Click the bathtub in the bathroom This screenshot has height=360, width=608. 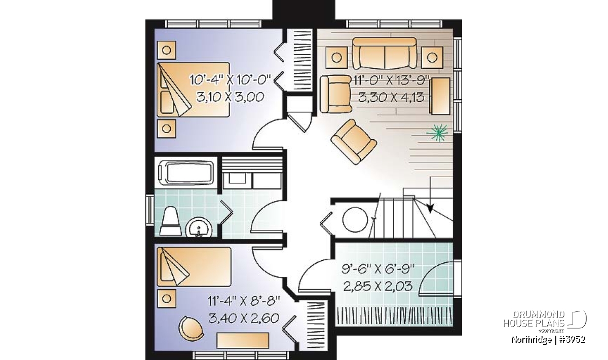pyautogui.click(x=186, y=173)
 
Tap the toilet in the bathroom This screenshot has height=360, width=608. pyautogui.click(x=171, y=221)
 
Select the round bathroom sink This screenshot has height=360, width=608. pyautogui.click(x=199, y=227)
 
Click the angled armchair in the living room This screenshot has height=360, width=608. pyautogui.click(x=354, y=142)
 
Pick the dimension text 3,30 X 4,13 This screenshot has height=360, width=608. pyautogui.click(x=391, y=97)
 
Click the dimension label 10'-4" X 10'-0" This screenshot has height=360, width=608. pyautogui.click(x=230, y=80)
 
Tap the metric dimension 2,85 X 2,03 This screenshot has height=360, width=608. pyautogui.click(x=378, y=286)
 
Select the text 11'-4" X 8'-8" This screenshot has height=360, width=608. pyautogui.click(x=244, y=301)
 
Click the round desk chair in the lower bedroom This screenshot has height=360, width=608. pyautogui.click(x=191, y=328)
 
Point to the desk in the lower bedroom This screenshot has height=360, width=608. pyautogui.click(x=243, y=340)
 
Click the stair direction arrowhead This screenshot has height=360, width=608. pyautogui.click(x=430, y=208)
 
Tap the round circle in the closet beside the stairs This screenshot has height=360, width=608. pyautogui.click(x=355, y=219)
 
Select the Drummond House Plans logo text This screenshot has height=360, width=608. pyautogui.click(x=534, y=319)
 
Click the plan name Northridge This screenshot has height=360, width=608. pyautogui.click(x=531, y=340)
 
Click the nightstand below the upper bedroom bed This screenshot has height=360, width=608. pyautogui.click(x=166, y=129)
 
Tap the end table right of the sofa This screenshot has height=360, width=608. pyautogui.click(x=432, y=58)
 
